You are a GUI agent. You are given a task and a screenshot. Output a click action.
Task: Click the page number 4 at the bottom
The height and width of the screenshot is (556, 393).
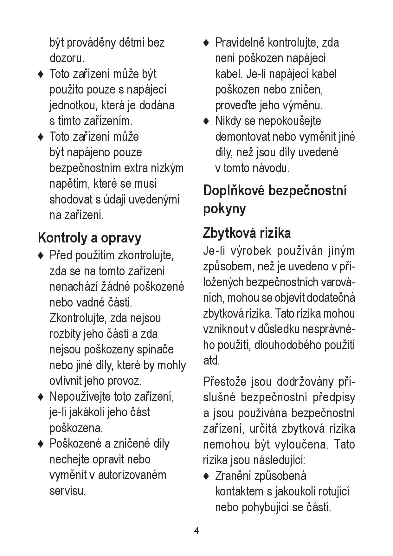pyautogui.click(x=196, y=531)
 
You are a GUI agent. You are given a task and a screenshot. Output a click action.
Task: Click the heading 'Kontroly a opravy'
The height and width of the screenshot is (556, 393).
pyautogui.click(x=89, y=238)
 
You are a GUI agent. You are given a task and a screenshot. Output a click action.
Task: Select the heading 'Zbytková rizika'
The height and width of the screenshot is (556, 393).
pyautogui.click(x=247, y=233)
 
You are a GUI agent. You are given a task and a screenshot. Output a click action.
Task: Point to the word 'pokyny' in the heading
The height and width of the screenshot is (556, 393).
pyautogui.click(x=224, y=209)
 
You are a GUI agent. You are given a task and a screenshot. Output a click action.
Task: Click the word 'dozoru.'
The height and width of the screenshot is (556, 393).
pyautogui.click(x=67, y=58)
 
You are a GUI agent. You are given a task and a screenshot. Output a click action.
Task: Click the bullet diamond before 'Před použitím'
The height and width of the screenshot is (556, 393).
pyautogui.click(x=41, y=255)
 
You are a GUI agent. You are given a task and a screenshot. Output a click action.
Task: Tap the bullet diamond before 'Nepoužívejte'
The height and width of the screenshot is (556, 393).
pyautogui.click(x=41, y=397)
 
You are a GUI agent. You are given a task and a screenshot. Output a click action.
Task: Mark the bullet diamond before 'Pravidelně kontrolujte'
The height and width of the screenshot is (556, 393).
pyautogui.click(x=206, y=42)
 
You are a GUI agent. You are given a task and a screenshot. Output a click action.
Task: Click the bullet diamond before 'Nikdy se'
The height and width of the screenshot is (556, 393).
pyautogui.click(x=206, y=121)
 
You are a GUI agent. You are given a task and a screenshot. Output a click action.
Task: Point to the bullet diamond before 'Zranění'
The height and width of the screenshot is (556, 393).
pyautogui.click(x=206, y=476)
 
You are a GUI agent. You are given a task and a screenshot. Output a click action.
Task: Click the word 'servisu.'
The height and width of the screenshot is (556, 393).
pyautogui.click(x=68, y=491)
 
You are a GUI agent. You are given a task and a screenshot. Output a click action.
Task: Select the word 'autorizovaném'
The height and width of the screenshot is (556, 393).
pyautogui.click(x=132, y=475)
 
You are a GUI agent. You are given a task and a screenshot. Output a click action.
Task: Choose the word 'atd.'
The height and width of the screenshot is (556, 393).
pyautogui.click(x=211, y=361)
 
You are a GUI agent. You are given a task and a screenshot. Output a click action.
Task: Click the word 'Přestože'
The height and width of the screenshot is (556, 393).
pyautogui.click(x=224, y=382)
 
